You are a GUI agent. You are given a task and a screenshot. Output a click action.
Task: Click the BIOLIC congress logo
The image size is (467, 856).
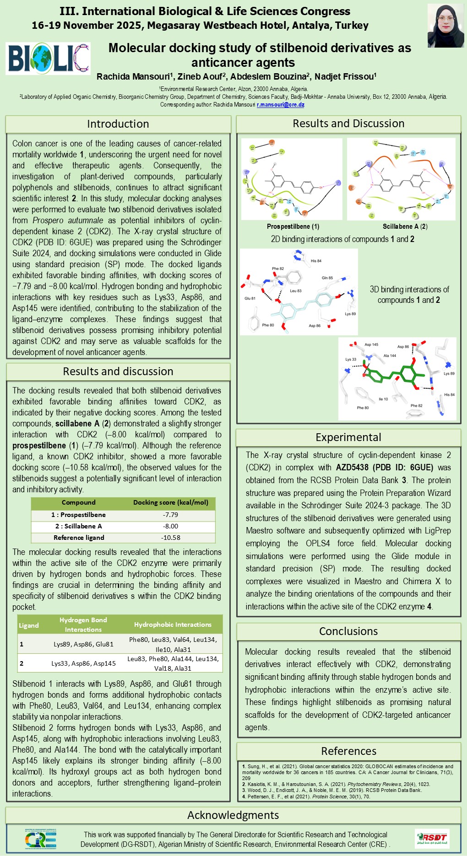click(x=48, y=59)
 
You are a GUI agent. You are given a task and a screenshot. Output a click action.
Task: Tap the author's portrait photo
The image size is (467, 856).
click(x=445, y=26)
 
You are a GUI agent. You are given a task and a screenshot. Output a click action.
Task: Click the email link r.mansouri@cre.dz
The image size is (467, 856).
click(x=280, y=105)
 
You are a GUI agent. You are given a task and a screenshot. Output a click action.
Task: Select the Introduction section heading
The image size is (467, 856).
click(x=118, y=124)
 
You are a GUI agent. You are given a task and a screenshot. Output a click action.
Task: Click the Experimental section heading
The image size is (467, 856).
click(x=348, y=437)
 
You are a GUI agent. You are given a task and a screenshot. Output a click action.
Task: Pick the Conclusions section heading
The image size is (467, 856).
click(x=348, y=631)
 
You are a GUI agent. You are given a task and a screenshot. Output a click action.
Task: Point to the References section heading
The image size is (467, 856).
click(x=348, y=751)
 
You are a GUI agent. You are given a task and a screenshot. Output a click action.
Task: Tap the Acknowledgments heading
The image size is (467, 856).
click(x=233, y=815)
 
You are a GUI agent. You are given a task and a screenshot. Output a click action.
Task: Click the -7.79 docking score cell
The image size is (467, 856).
click(x=170, y=515)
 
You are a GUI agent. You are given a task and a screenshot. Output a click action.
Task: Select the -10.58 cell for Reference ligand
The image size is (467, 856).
click(x=170, y=538)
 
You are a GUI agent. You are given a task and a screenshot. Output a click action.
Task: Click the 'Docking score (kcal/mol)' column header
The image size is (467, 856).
click(x=170, y=502)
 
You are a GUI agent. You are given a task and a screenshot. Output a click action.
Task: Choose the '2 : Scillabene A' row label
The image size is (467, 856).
click(x=79, y=526)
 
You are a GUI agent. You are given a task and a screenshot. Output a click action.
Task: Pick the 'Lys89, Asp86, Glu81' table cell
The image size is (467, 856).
click(x=83, y=644)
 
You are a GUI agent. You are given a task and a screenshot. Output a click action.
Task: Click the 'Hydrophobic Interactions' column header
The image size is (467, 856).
click(x=173, y=625)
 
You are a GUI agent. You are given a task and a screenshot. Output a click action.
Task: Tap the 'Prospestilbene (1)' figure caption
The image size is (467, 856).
click(x=293, y=226)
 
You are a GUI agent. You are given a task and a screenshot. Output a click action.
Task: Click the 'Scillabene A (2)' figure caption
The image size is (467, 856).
click(x=405, y=226)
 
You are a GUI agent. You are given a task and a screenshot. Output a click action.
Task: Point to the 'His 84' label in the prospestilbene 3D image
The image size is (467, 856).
click(x=316, y=261)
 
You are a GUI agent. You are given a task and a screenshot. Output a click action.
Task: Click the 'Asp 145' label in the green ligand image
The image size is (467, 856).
click(x=371, y=345)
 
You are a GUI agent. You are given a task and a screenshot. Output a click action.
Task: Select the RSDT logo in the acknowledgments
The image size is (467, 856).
click(x=432, y=839)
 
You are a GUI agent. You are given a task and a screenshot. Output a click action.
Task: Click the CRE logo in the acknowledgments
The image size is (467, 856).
click(x=40, y=839)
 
